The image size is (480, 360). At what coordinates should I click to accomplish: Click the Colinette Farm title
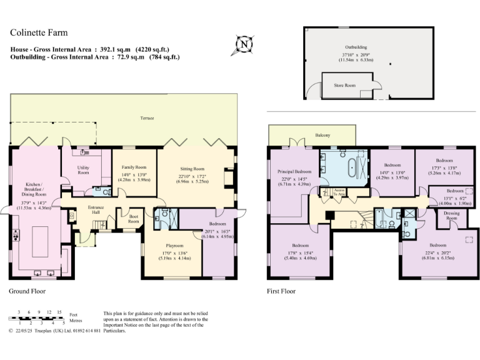click(x=39, y=32)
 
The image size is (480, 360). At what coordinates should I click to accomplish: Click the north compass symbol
click(x=244, y=44)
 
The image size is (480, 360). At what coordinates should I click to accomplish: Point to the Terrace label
click(x=147, y=118)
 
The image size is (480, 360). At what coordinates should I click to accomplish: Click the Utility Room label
click(x=84, y=169)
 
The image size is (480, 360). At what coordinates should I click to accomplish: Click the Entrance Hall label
click(x=95, y=209)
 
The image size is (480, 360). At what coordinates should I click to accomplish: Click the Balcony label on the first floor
click(x=322, y=136)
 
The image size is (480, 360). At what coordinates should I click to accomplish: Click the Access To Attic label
click(x=339, y=192)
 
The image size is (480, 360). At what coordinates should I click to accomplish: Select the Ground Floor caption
click(x=27, y=291)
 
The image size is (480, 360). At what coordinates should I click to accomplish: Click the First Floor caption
click(x=281, y=291)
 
